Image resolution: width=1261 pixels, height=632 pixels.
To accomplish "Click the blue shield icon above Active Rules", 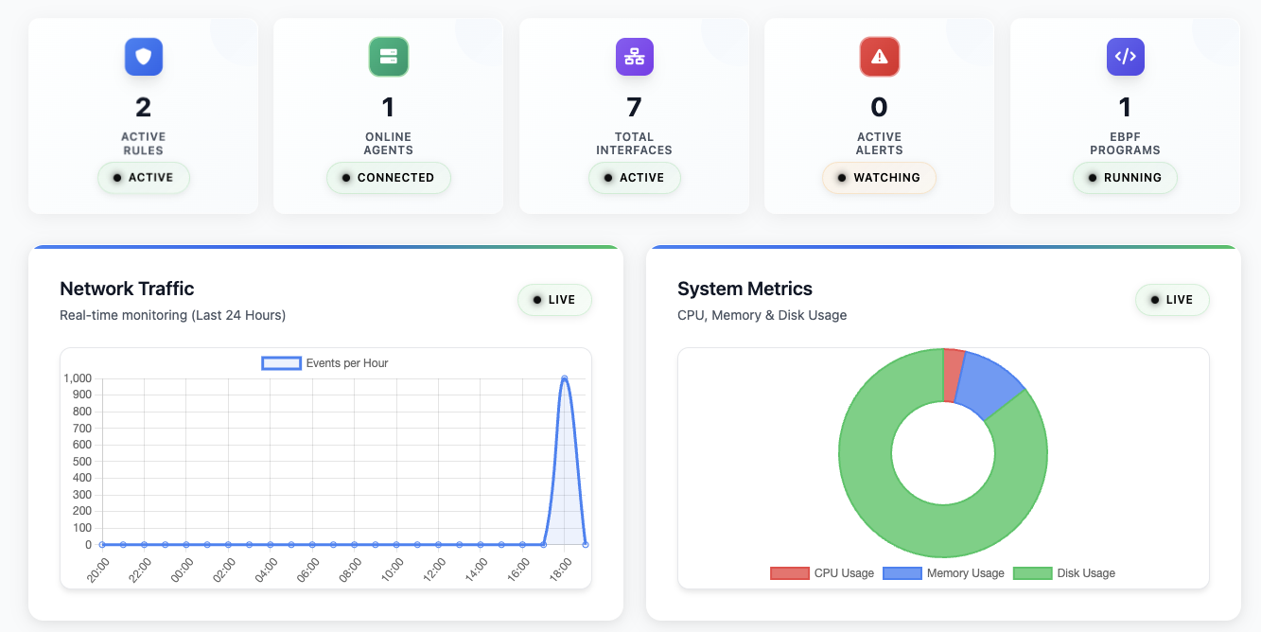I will click(144, 57).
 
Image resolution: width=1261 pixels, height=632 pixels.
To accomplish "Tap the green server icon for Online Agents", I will click(388, 57).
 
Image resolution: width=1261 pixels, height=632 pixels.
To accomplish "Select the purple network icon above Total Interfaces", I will click(634, 57).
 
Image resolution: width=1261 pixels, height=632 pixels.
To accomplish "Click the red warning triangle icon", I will click(879, 57).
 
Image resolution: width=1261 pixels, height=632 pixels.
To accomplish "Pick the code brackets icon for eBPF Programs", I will click(1125, 57).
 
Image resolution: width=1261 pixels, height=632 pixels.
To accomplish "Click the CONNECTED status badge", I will click(389, 178).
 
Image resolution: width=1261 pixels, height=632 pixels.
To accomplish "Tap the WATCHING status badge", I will click(879, 178).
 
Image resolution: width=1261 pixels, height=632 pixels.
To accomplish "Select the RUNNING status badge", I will click(1125, 178).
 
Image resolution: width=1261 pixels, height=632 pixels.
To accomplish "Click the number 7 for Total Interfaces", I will click(634, 107).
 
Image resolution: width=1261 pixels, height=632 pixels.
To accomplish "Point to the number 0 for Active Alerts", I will click(879, 107).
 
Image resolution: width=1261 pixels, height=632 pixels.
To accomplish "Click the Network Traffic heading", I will click(127, 289).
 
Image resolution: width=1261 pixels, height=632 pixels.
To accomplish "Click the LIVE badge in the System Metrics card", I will click(1172, 300).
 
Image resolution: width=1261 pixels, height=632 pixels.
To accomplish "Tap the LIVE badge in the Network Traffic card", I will click(554, 300).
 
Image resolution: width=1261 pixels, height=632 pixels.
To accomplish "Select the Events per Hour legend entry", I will click(325, 363).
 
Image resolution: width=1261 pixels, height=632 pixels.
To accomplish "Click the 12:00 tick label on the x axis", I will click(435, 571).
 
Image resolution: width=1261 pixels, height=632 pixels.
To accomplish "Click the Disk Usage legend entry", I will click(1065, 573).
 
